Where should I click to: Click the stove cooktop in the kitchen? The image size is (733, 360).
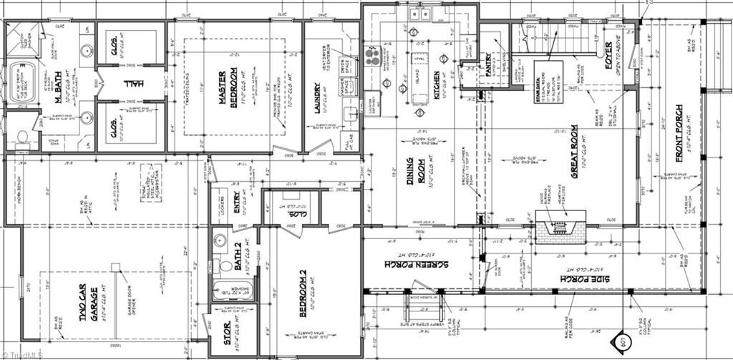click(x=373, y=55)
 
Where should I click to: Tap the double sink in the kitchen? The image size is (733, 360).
click(x=419, y=14)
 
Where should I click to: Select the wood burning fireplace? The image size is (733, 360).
click(x=560, y=228)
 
